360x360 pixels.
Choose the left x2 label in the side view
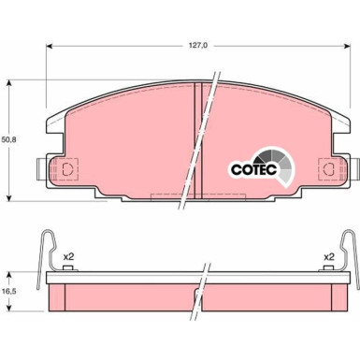pyautogui.click(x=67, y=230)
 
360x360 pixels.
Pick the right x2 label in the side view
pyautogui.click(x=328, y=230)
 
